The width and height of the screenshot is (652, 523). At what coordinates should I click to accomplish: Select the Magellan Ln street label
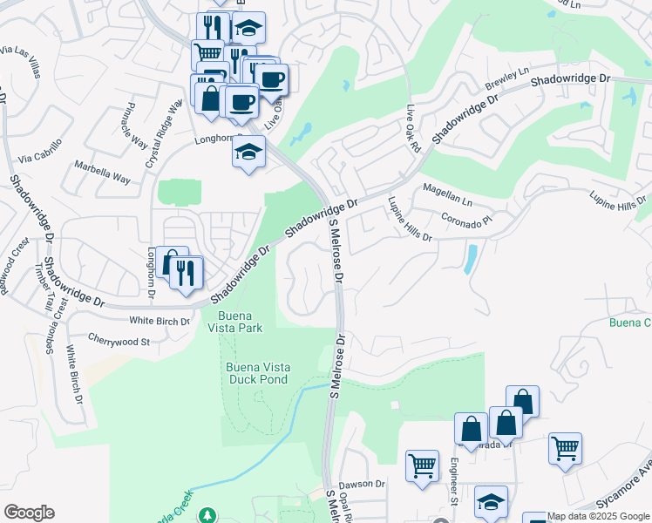tap(447, 194)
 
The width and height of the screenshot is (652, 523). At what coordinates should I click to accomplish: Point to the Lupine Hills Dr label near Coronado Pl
tap(404, 219)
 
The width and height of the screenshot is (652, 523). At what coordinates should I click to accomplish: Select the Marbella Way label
tap(102, 172)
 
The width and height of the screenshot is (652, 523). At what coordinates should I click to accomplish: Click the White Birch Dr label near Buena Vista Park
tap(160, 322)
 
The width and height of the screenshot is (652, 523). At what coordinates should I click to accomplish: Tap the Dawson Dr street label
tap(362, 484)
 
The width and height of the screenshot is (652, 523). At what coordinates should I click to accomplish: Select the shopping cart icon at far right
tap(565, 448)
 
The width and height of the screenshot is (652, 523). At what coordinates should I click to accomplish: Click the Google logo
tap(30, 513)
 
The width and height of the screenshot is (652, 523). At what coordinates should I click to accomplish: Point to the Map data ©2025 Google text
tap(598, 516)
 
